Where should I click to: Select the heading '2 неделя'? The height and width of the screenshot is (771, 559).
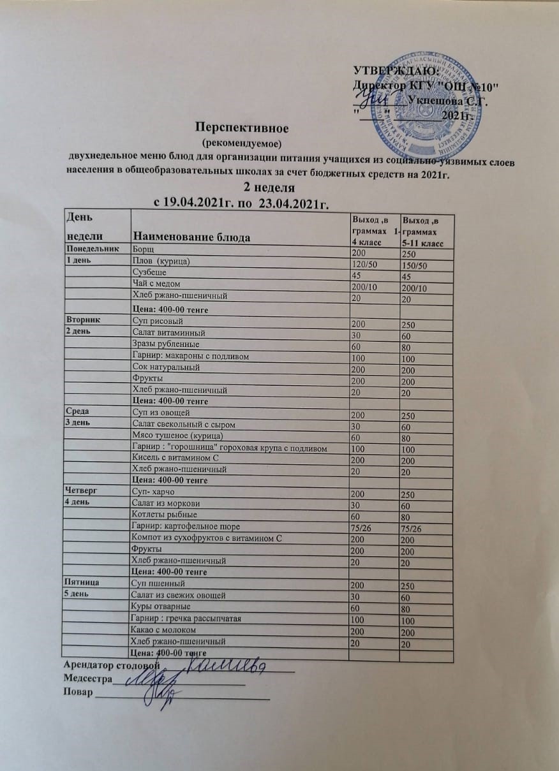click(x=270, y=187)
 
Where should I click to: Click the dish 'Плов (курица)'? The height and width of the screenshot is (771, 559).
click(x=161, y=262)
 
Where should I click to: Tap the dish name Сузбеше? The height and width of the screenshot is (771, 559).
click(x=149, y=273)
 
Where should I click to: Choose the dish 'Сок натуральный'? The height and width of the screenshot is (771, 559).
click(x=165, y=367)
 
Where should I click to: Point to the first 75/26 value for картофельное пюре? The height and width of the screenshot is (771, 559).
click(x=359, y=527)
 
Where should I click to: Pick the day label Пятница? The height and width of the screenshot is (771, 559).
click(x=81, y=582)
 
